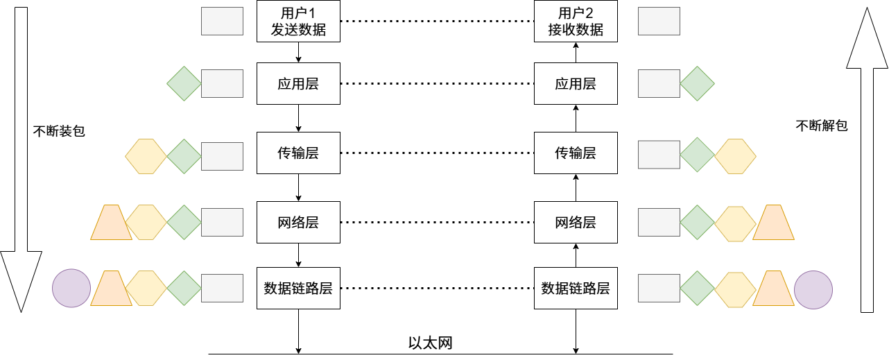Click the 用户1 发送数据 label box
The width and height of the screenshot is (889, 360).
pos(298,22)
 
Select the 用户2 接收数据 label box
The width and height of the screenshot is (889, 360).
pos(576,22)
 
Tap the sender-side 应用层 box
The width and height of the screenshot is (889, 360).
pos(298,84)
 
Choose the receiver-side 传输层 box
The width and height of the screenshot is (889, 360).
pos(576,153)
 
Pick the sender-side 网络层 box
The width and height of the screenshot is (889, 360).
pos(298,223)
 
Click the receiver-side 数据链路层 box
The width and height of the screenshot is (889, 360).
pos(576,288)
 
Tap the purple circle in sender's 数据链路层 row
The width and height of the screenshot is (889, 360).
pos(71,288)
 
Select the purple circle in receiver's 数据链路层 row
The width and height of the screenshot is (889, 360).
pos(813,289)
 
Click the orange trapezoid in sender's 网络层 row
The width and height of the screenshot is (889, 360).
pos(111,222)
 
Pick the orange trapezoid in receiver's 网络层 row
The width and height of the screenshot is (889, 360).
pos(773,222)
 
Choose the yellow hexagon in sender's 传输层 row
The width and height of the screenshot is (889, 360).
pos(146,156)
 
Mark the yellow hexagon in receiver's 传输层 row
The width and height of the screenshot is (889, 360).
pos(735,156)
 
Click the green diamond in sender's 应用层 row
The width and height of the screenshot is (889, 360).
pos(184,83)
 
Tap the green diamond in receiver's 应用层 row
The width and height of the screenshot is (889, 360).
pos(697,83)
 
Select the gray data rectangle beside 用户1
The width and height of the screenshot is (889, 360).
pos(222,22)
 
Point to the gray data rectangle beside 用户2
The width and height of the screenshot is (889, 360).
pos(659,22)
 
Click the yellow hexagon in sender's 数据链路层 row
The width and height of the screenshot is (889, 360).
pos(146,288)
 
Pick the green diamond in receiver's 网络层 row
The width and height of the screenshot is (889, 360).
pos(697,223)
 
